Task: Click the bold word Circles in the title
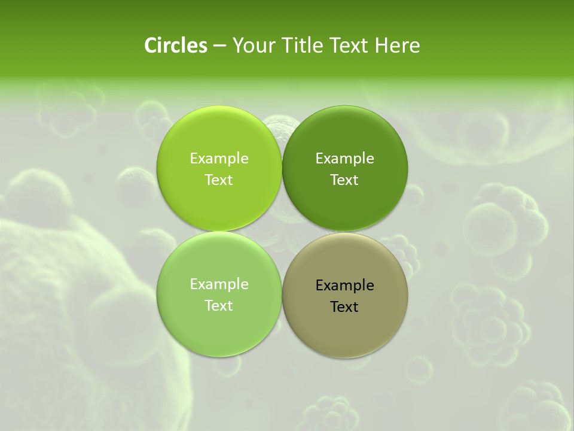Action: (176, 45)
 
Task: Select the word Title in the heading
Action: (300, 45)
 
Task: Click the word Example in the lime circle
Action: (219, 159)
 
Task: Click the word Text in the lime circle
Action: (219, 180)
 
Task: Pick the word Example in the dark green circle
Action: (344, 159)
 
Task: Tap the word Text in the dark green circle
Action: (344, 180)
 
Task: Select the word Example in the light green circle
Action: (219, 284)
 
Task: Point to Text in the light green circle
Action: (219, 306)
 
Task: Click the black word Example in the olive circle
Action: (344, 286)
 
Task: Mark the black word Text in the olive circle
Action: (344, 307)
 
